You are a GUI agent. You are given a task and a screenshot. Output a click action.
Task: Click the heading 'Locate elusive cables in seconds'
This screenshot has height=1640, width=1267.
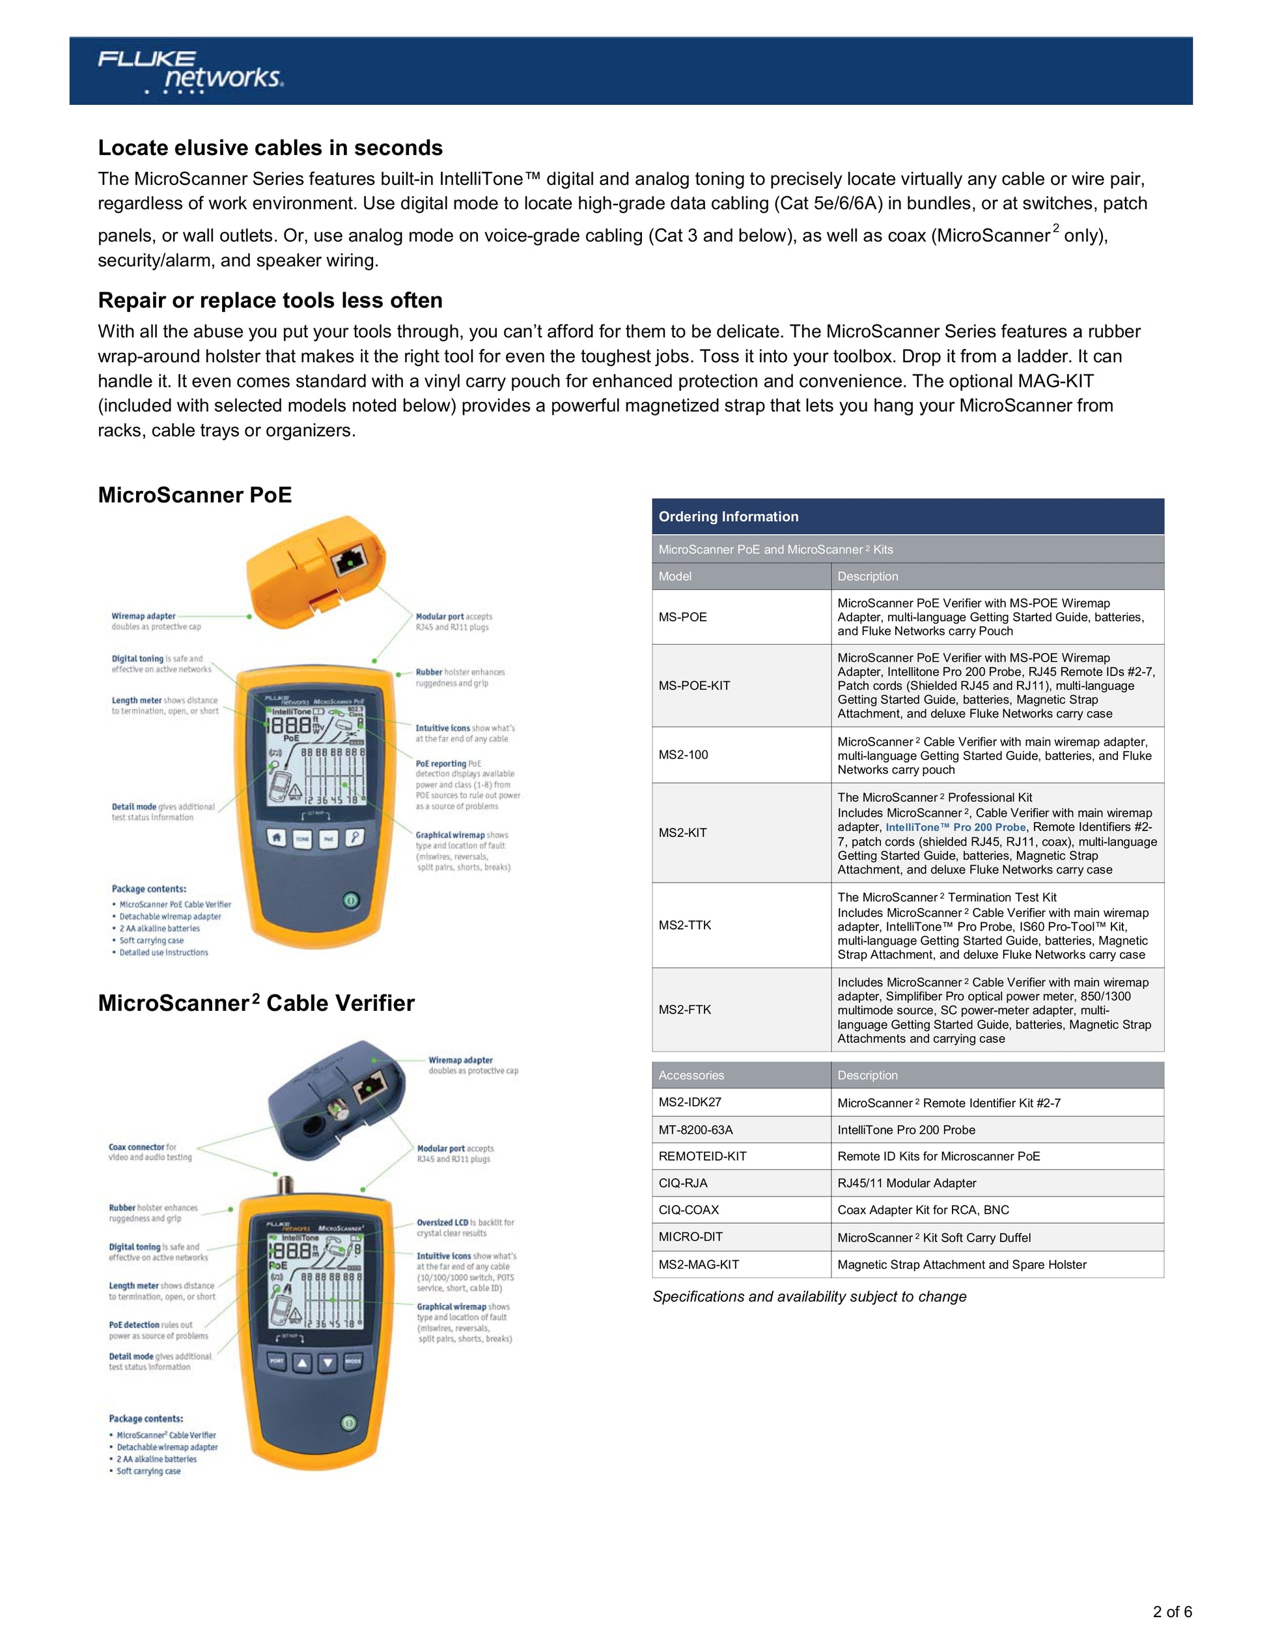[x=270, y=148]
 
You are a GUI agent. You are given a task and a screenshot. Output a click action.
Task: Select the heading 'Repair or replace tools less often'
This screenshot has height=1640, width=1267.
[x=270, y=300]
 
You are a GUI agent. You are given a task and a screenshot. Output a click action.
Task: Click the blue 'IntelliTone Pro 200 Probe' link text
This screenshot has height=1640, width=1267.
[x=956, y=828]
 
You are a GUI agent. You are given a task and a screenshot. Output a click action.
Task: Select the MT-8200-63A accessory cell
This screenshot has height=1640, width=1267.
[x=696, y=1129]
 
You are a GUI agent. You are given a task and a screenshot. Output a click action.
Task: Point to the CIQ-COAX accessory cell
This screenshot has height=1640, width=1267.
[x=688, y=1209]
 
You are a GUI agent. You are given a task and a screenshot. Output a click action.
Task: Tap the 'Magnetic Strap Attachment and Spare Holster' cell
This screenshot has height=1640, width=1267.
[x=962, y=1265]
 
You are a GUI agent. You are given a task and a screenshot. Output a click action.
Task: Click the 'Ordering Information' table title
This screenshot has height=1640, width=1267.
[x=728, y=516]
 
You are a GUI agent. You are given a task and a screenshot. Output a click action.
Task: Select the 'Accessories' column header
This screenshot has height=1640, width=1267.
[x=691, y=1075]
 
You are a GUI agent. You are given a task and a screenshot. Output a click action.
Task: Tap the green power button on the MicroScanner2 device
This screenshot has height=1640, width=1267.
[x=348, y=1423]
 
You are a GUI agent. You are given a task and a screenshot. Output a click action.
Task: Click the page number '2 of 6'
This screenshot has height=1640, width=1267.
[x=1173, y=1611]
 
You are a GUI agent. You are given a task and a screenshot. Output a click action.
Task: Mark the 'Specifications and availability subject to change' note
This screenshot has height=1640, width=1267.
[x=809, y=1297]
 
